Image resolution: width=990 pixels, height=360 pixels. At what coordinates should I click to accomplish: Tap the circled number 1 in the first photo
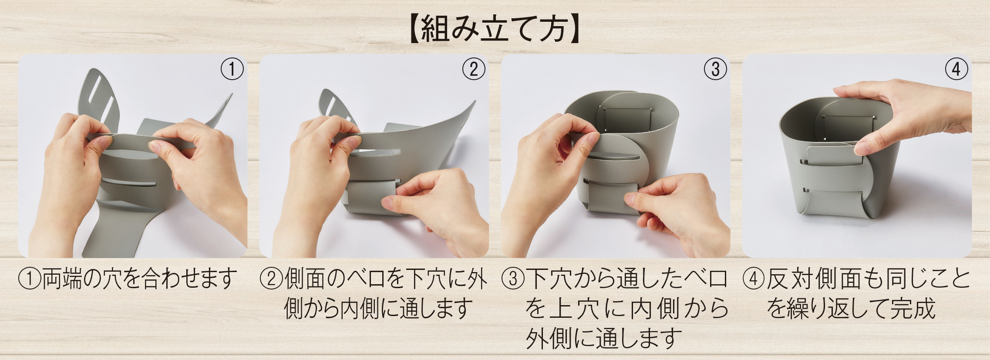point(232,69)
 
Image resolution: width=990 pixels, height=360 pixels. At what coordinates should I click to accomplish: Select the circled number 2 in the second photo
point(473,69)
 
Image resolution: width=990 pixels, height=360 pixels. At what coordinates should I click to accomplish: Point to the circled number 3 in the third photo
point(715,69)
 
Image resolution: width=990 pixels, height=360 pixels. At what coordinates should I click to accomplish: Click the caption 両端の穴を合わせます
point(140,279)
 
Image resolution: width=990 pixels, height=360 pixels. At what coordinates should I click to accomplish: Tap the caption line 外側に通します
point(603,338)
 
